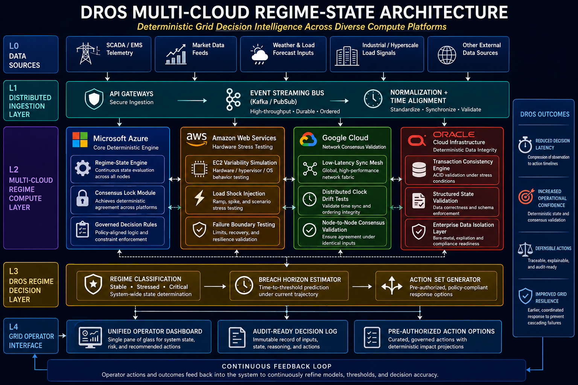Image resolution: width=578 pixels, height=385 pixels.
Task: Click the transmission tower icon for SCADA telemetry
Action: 88,54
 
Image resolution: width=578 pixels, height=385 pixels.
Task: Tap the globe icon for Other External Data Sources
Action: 447,55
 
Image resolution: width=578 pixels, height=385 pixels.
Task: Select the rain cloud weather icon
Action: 259,55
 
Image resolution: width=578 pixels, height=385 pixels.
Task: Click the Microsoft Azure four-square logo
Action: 80,139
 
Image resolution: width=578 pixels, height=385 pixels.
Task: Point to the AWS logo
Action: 197,139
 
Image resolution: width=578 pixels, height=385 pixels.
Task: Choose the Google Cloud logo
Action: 308,139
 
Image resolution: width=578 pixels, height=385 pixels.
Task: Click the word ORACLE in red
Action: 453,134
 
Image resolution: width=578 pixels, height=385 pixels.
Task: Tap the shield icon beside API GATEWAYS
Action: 94,99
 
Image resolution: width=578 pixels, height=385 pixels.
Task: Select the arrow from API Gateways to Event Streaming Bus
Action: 192,100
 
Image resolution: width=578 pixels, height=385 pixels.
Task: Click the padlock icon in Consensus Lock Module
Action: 82,198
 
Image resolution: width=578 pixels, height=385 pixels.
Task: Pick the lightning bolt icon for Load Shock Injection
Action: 199,198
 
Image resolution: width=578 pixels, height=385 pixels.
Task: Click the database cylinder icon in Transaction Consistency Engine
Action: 419,170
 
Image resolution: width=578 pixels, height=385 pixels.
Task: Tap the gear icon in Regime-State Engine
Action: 82,168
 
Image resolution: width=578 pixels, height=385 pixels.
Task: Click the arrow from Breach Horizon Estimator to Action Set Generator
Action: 362,286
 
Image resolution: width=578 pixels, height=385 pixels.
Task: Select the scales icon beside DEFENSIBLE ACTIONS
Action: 525,249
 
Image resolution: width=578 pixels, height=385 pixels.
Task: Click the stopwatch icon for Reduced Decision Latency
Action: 525,145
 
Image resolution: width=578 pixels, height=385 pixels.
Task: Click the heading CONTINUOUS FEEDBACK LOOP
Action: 277,366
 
